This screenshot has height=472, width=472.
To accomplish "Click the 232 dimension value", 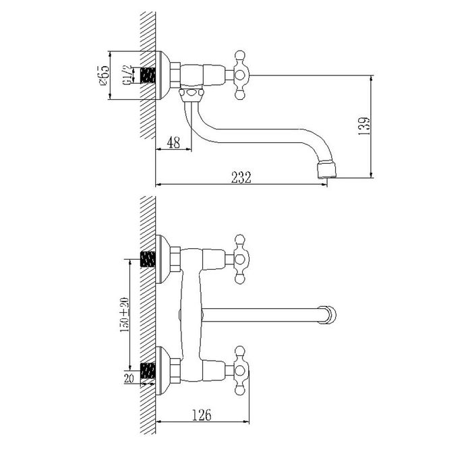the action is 241,177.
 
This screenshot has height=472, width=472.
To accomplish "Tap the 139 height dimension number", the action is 364,125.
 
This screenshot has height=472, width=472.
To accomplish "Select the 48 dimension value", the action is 173,142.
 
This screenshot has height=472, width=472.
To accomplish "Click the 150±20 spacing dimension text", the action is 125,315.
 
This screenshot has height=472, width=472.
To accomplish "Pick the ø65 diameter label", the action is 103,75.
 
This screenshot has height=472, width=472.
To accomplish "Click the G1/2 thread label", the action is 127,76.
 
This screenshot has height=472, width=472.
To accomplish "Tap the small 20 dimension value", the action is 129,378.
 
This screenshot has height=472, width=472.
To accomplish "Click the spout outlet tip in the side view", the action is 327,169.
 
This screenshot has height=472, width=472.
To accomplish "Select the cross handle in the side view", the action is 240,75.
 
